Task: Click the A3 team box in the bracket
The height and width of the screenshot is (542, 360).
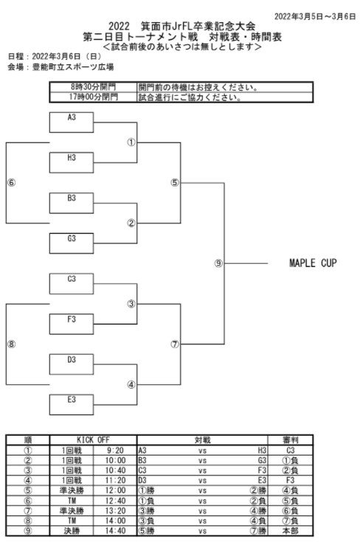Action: click(72, 122)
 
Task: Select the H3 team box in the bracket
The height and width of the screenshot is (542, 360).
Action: click(72, 163)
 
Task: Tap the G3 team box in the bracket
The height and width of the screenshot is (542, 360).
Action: click(72, 243)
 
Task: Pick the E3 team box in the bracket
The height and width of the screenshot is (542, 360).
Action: click(72, 404)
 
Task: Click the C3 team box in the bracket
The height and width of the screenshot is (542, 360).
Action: click(72, 284)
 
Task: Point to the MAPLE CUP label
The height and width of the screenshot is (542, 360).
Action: click(313, 263)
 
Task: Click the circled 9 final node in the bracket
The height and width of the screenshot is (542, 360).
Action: click(218, 263)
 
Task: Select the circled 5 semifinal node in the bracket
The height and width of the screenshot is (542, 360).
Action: click(175, 183)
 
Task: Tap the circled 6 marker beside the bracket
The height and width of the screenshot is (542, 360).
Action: click(11, 183)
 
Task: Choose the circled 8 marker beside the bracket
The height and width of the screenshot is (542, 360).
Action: click(11, 344)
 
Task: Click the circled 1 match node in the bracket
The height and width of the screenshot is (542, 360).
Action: click(131, 142)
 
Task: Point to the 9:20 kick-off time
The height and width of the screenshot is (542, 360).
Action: click(115, 451)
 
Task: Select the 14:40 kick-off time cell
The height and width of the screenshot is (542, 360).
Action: click(115, 531)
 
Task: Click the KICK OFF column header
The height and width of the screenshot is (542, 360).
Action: click(93, 440)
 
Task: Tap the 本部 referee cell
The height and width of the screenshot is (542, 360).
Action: click(291, 531)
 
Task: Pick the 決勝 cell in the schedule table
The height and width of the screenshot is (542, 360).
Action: click(72, 531)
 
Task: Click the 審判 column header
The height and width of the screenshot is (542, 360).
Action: click(291, 440)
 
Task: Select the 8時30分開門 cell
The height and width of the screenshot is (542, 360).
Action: click(94, 87)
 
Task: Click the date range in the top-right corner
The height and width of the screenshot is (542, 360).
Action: click(315, 16)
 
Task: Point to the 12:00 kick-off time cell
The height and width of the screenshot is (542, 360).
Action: click(115, 490)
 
